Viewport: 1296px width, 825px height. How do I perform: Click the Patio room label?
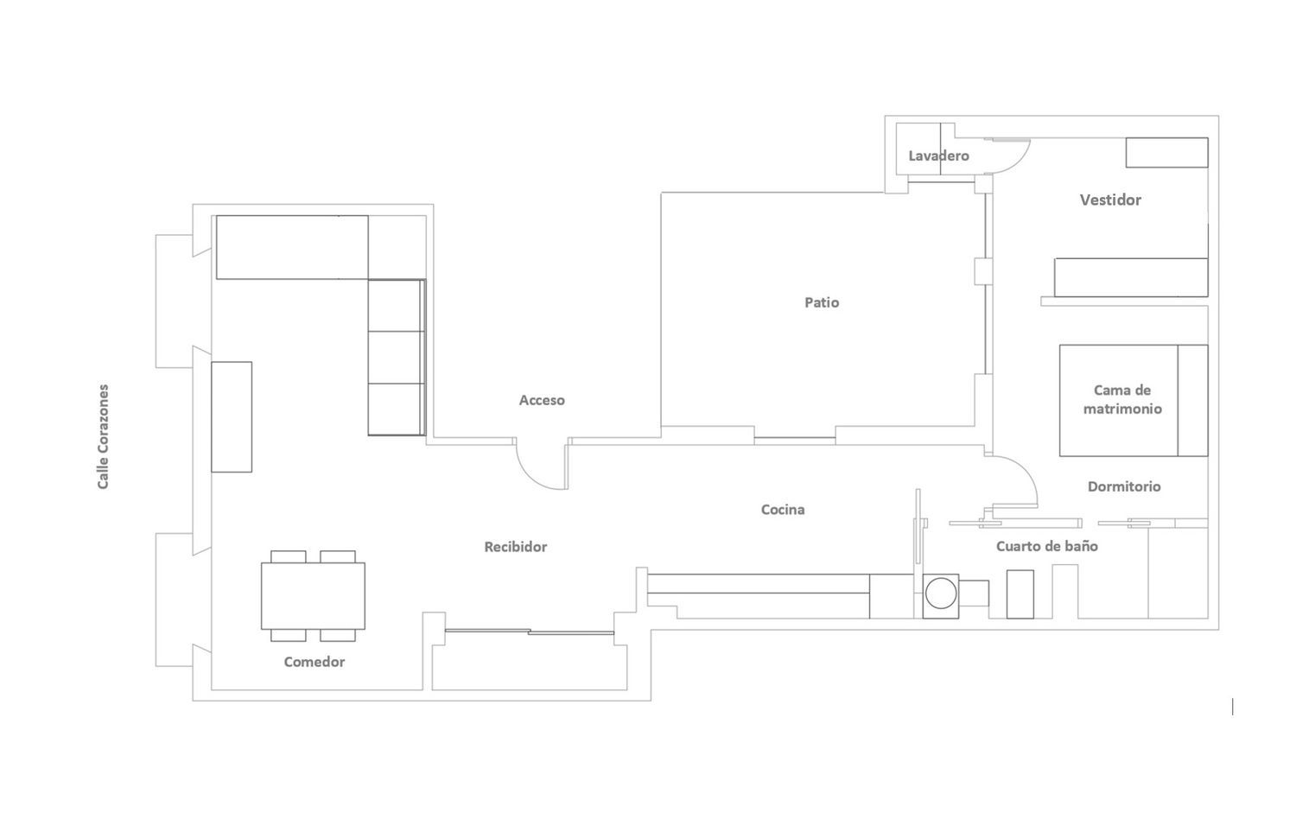(822, 302)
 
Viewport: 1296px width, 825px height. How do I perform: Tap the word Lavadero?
(938, 155)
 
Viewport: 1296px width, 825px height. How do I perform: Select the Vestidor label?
(1110, 200)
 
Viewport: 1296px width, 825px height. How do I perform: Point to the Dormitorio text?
(1124, 486)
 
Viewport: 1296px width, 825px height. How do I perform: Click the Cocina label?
(783, 510)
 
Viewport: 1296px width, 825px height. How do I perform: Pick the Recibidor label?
(516, 547)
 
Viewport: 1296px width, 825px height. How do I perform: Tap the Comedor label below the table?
(314, 662)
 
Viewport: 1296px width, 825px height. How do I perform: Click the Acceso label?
(542, 400)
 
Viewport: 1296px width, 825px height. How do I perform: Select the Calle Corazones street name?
(103, 437)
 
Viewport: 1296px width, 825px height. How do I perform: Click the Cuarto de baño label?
(1046, 546)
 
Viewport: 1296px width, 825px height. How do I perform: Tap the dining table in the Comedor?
(313, 596)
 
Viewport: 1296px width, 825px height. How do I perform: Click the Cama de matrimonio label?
(1122, 400)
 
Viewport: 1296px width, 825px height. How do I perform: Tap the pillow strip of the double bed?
(1193, 400)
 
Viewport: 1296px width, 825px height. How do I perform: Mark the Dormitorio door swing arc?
(1025, 474)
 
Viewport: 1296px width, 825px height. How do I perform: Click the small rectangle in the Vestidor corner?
(1167, 153)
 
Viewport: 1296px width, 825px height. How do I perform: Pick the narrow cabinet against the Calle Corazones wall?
(232, 417)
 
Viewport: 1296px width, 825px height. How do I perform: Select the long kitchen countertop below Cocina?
(759, 584)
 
